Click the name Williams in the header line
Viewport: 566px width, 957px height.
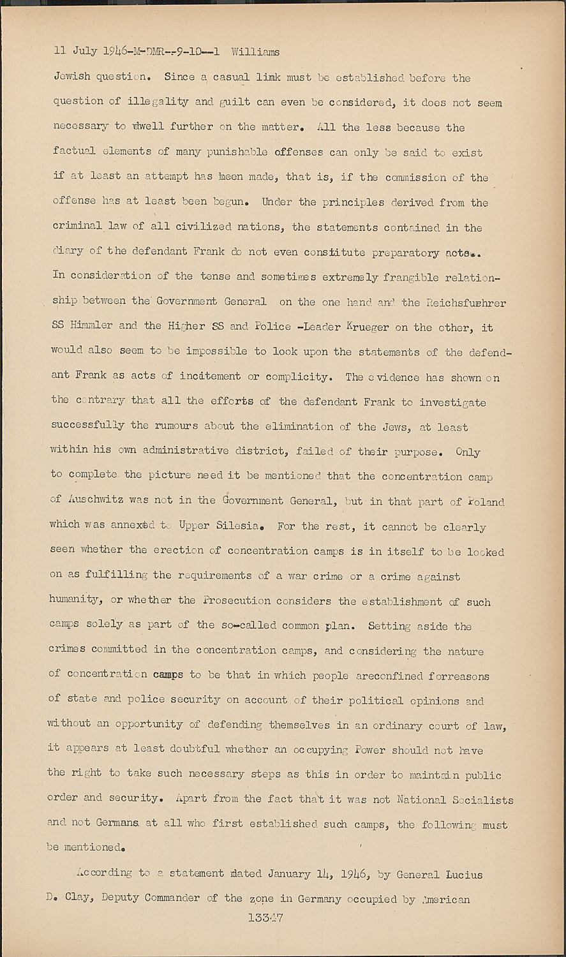[255, 51]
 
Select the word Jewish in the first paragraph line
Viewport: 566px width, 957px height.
[72, 78]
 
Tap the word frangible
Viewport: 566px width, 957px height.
[409, 276]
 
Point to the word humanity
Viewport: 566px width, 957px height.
[74, 600]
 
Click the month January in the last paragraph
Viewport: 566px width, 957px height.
[273, 874]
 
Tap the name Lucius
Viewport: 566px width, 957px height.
[461, 875]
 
